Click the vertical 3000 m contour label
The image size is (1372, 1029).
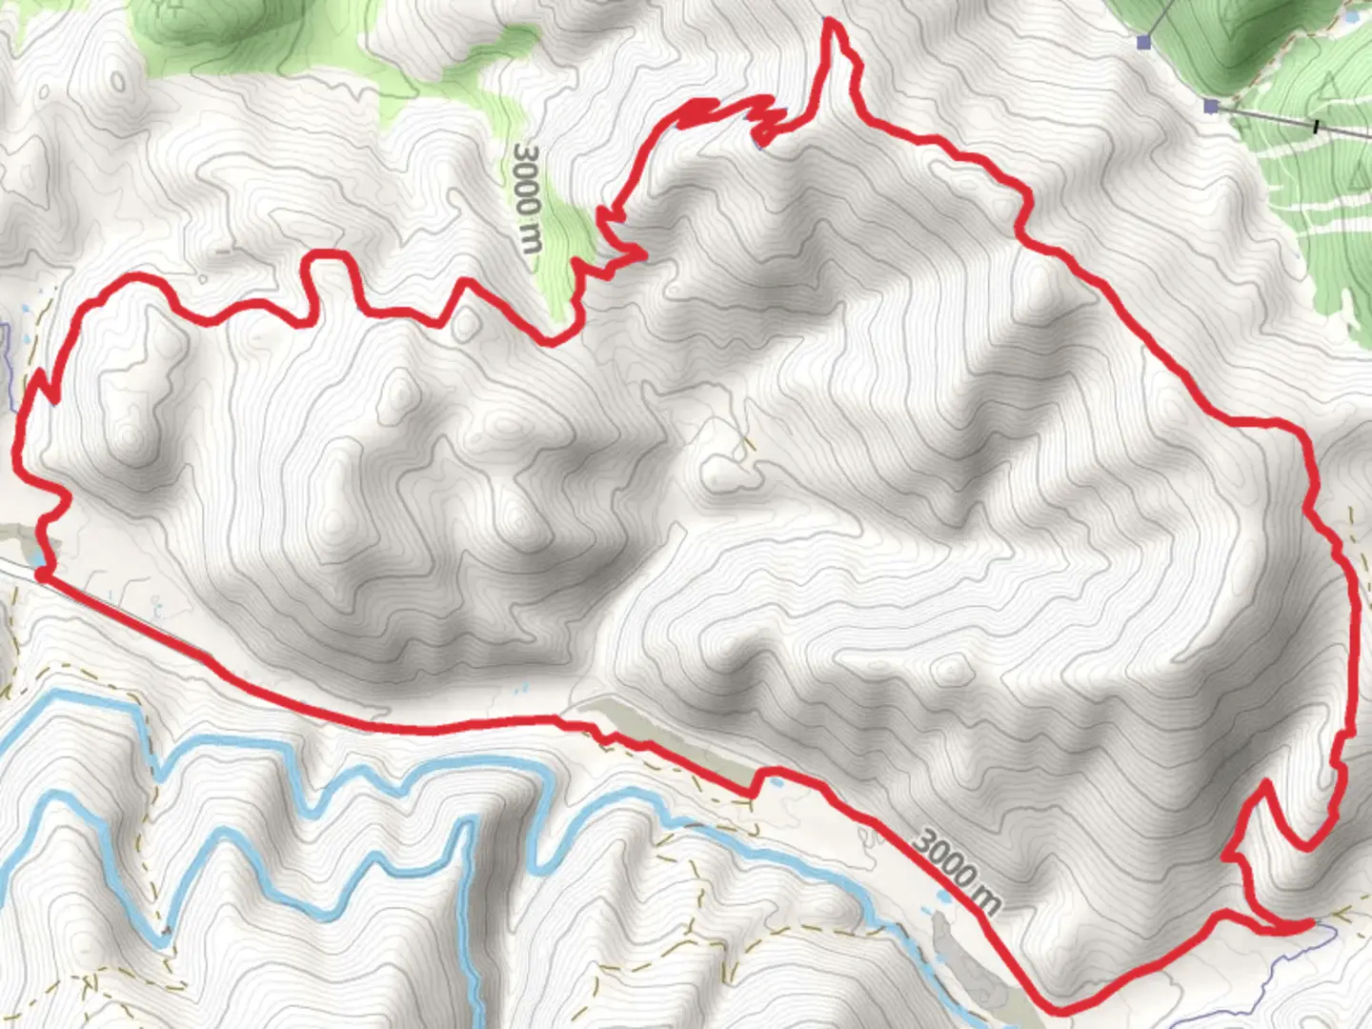[527, 197]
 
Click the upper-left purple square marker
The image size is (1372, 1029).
[1144, 41]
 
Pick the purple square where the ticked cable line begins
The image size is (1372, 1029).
[1211, 105]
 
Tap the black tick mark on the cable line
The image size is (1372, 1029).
[1316, 126]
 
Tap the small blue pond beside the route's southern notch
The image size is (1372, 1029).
[777, 782]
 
